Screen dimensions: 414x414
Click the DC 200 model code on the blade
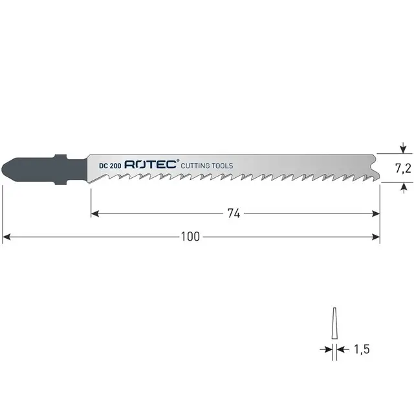click(x=109, y=166)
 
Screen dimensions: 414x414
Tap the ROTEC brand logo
click(x=149, y=166)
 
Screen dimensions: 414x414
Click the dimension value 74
click(x=234, y=213)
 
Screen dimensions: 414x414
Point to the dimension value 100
click(x=190, y=237)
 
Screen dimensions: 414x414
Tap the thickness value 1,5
click(x=361, y=349)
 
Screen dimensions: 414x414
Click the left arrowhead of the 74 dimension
click(x=94, y=213)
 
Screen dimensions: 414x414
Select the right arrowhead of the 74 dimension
click(x=376, y=213)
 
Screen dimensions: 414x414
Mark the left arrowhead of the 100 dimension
click(x=6, y=237)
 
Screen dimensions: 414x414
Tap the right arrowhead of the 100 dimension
click(x=376, y=237)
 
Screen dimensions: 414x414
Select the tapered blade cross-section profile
click(x=334, y=322)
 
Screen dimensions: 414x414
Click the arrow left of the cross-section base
click(x=328, y=349)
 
